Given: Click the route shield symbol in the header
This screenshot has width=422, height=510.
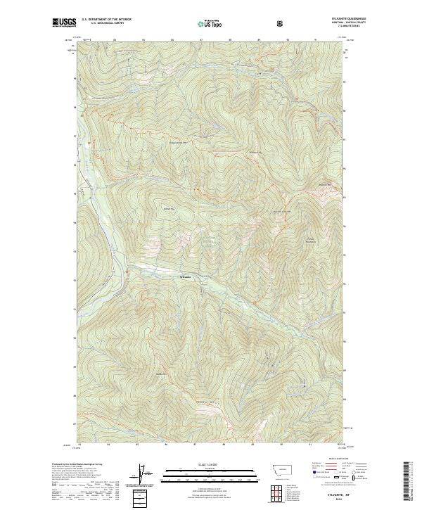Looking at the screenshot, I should [281, 23].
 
